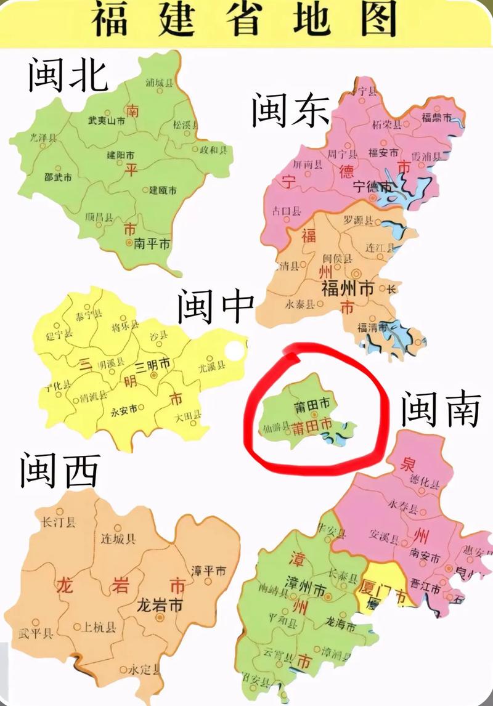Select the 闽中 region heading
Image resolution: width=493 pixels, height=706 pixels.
point(216,307)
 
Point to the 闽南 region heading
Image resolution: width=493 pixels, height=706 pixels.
point(440,410)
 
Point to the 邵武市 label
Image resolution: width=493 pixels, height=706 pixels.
point(58,177)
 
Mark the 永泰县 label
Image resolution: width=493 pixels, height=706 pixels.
point(301,304)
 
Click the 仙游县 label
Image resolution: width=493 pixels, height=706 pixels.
point(276,427)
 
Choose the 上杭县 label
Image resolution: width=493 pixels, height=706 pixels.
point(99,628)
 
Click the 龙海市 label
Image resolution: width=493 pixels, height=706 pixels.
point(341,627)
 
